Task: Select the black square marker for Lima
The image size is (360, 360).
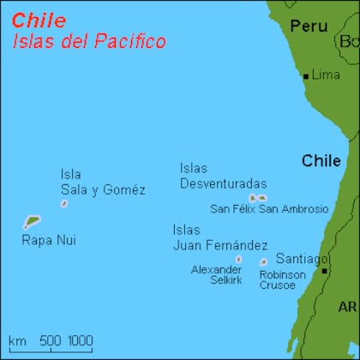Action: [x=305, y=75]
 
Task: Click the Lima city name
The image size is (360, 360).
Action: [x=326, y=75]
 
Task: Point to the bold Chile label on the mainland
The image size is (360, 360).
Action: [x=321, y=161]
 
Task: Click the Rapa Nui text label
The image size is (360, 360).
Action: [x=48, y=240]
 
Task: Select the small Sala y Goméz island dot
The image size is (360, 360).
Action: [x=64, y=204]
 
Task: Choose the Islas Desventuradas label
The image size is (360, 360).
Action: [x=222, y=176]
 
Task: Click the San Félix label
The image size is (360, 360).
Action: [x=232, y=208]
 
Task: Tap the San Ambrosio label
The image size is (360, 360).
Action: [x=293, y=208]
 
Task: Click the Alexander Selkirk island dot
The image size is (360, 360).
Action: [x=238, y=259]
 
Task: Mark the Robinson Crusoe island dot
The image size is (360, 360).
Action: [x=263, y=262]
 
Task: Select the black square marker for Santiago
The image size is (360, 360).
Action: [x=324, y=271]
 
